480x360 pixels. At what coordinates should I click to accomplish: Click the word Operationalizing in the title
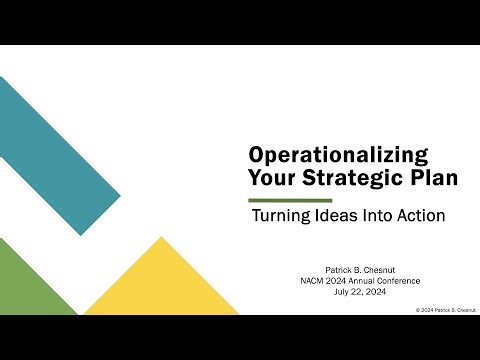point(338,156)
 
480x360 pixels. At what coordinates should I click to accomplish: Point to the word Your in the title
point(272,178)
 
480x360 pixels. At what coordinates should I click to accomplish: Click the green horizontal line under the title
point(290,200)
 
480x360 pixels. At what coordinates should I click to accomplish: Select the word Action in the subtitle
point(420,215)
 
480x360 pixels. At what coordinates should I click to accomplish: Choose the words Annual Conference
point(376,280)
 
